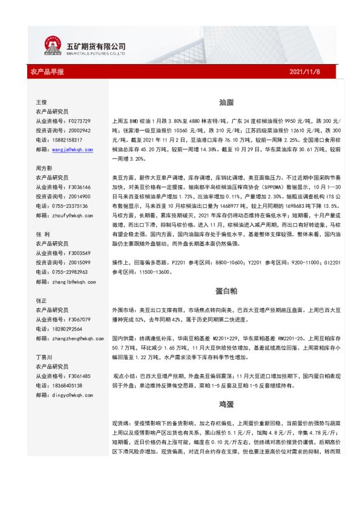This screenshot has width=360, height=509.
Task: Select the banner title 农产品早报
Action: click(47, 72)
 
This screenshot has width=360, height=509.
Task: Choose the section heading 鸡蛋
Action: click(226, 403)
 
